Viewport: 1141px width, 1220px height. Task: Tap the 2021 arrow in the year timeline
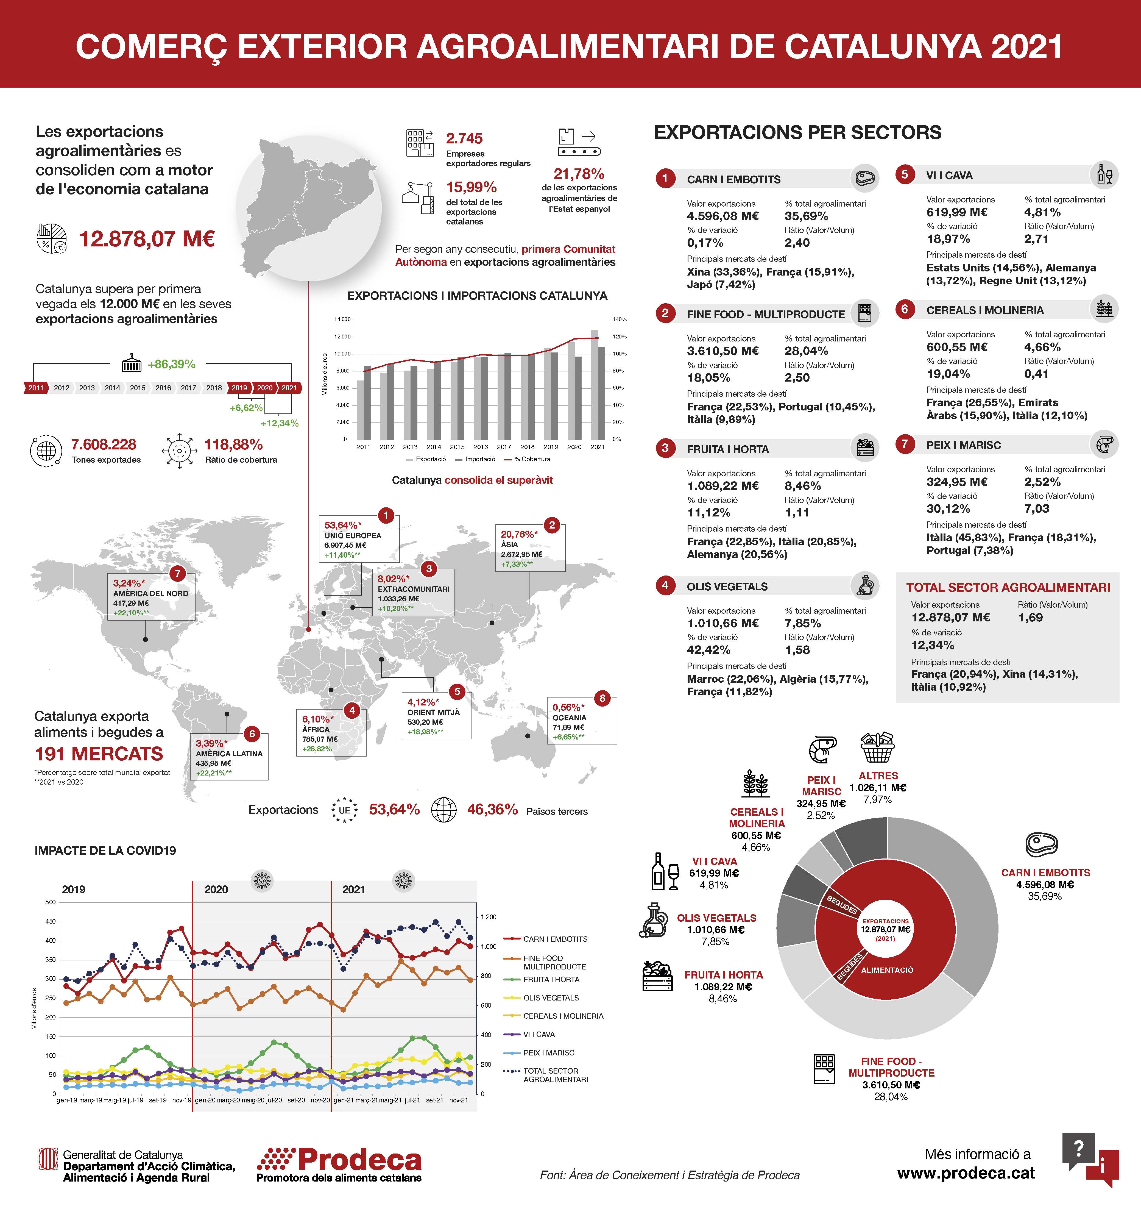(x=289, y=388)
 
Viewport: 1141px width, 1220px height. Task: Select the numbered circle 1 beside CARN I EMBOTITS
(x=665, y=179)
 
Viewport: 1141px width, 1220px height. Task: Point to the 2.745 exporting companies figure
(x=464, y=138)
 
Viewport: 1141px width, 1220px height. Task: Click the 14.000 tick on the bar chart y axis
(x=342, y=319)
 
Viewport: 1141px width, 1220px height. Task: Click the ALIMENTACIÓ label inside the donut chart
(x=887, y=970)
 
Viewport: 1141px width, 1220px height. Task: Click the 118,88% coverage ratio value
(x=233, y=444)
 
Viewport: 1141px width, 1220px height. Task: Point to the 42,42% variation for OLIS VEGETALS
(x=708, y=650)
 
